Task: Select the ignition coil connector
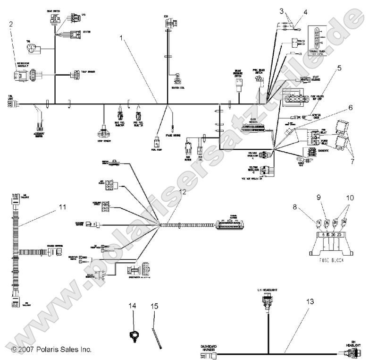[178, 78]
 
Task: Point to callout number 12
[183, 192]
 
